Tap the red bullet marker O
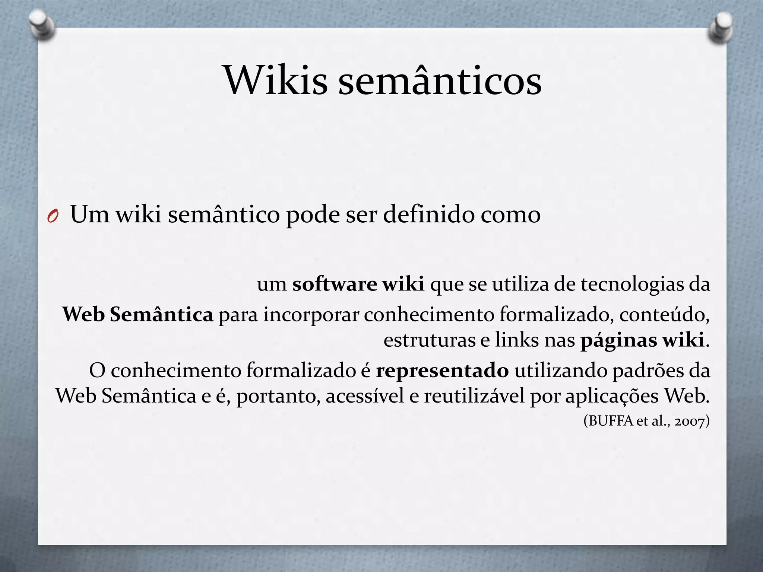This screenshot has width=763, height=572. coord(53,216)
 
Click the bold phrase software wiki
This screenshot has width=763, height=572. coord(358,285)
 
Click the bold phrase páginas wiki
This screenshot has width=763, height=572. coord(642,340)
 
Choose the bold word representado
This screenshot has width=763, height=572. coord(442,371)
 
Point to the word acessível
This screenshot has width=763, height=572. coord(365,396)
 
